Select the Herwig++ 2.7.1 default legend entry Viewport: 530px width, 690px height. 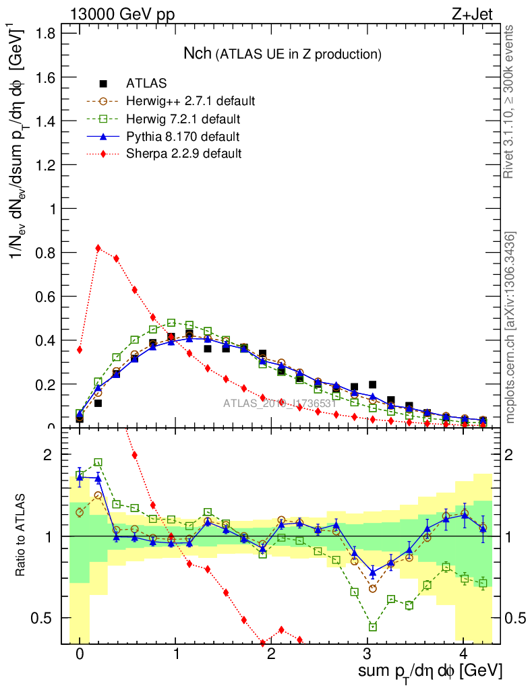pyautogui.click(x=189, y=101)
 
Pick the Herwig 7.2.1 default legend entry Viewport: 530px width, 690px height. pyautogui.click(x=182, y=119)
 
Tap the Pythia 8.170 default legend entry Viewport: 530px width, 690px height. pyautogui.click(x=182, y=137)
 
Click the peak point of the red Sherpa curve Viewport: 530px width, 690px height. pyautogui.click(x=98, y=248)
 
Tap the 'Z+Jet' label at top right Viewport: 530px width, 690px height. pyautogui.click(x=479, y=15)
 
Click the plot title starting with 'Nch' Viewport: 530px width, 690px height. pyautogui.click(x=283, y=53)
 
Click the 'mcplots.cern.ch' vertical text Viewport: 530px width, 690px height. pyautogui.click(x=510, y=327)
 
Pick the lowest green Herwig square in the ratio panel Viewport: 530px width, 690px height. pyautogui.click(x=373, y=627)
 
